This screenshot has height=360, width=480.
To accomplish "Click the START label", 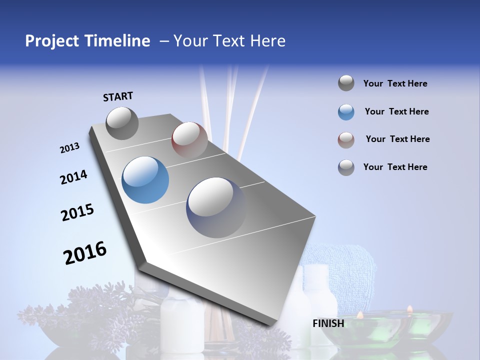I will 118,96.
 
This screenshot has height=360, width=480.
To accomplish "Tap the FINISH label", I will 328,323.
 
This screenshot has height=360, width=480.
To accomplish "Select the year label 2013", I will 69,148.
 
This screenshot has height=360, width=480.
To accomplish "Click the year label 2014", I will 73,177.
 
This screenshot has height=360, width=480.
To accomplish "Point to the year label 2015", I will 77,212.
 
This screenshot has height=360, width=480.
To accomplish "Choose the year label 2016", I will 85,252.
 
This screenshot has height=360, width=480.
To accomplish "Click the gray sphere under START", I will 122,123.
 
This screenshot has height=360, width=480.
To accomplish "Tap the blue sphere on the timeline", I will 145,180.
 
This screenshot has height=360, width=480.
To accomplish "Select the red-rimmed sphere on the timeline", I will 189,140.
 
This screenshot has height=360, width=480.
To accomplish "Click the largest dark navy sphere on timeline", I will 216,207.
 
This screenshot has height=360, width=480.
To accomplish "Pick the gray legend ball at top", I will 346,83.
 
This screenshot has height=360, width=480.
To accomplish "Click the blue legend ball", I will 346,112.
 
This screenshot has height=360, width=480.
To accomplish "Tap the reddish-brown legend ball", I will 346,140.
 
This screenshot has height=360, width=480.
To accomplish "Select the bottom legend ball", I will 346,167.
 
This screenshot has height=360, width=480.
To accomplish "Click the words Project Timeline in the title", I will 87,41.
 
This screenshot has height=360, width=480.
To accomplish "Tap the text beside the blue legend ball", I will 396,111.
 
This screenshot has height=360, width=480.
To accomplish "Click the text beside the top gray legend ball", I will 395,83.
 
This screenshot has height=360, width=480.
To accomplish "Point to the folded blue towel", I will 345,265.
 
